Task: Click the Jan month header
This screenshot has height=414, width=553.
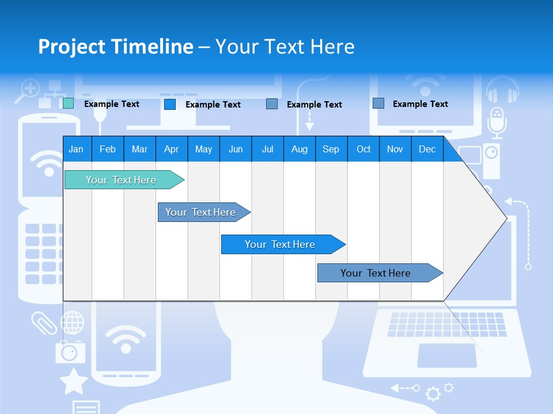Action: [77, 149]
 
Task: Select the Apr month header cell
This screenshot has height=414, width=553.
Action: [172, 149]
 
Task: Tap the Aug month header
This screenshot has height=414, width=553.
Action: [300, 149]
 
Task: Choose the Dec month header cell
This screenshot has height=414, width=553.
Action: [427, 149]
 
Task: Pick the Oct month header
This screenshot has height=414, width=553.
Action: [363, 149]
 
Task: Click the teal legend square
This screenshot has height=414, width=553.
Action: [68, 103]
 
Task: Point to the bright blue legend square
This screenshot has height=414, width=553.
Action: [170, 104]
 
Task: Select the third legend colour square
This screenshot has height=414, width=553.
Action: [272, 104]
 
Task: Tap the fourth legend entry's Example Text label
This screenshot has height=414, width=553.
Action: [420, 104]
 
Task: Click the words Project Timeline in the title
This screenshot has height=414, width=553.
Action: [115, 47]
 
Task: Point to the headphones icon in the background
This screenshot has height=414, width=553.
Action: [502, 90]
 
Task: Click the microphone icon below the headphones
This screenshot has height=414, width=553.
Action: [497, 121]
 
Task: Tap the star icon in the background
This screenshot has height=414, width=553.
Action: [74, 381]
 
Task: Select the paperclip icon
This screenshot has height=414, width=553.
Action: [44, 323]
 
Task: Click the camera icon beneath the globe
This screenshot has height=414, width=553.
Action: [70, 351]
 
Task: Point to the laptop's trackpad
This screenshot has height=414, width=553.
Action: [446, 355]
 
